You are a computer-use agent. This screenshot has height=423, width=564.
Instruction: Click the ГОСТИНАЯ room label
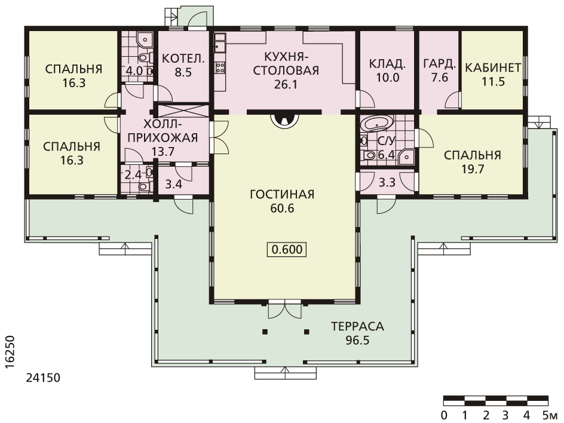tap(282, 195)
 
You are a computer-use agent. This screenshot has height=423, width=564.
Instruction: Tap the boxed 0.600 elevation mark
tap(287, 249)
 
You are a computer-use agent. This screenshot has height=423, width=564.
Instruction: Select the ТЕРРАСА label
tap(357, 327)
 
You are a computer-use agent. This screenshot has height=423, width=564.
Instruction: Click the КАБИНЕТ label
tap(493, 68)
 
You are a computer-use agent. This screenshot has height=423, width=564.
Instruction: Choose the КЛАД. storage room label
tap(387, 64)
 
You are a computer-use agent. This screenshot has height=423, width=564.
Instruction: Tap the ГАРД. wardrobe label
tap(440, 64)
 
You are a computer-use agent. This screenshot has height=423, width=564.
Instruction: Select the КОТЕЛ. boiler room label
tap(183, 59)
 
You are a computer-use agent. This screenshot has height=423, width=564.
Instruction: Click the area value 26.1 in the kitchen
tap(286, 84)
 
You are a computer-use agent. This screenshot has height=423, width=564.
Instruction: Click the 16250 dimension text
tap(10, 352)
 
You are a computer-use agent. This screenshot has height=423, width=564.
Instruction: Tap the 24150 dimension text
tap(43, 378)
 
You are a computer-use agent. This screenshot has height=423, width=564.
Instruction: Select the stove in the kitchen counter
tap(220, 68)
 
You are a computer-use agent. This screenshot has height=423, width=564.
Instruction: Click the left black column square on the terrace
tap(265, 332)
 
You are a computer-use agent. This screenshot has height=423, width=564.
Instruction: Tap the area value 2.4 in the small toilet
tap(133, 175)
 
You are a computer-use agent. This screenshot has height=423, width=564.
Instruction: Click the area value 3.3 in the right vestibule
tap(387, 183)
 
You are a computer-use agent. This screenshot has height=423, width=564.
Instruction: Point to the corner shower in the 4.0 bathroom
tap(145, 39)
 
